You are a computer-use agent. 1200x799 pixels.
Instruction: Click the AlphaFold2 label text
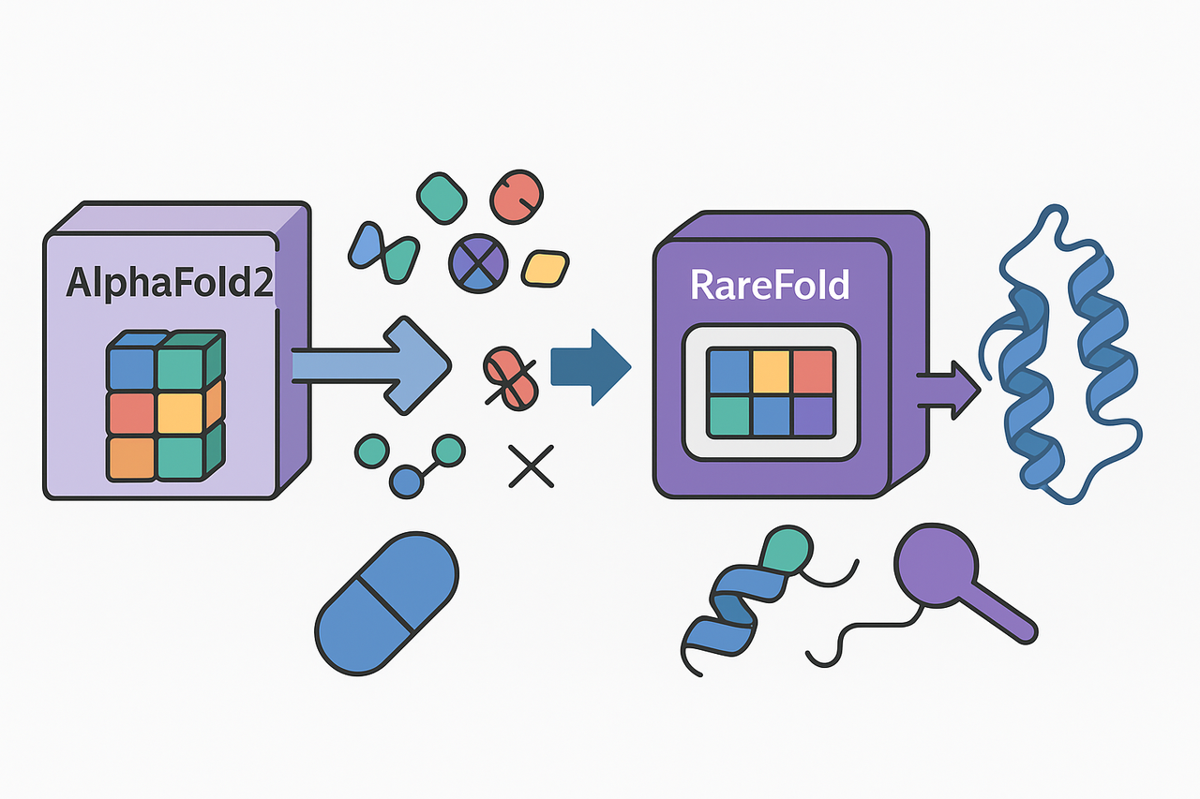[169, 283]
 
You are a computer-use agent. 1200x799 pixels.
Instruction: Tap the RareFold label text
[769, 284]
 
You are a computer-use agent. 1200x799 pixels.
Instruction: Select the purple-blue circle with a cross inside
[479, 261]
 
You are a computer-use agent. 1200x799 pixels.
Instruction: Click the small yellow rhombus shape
[545, 267]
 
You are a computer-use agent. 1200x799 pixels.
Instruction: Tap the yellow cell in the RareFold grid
[771, 371]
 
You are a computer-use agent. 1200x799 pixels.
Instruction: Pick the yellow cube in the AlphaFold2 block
[178, 412]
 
